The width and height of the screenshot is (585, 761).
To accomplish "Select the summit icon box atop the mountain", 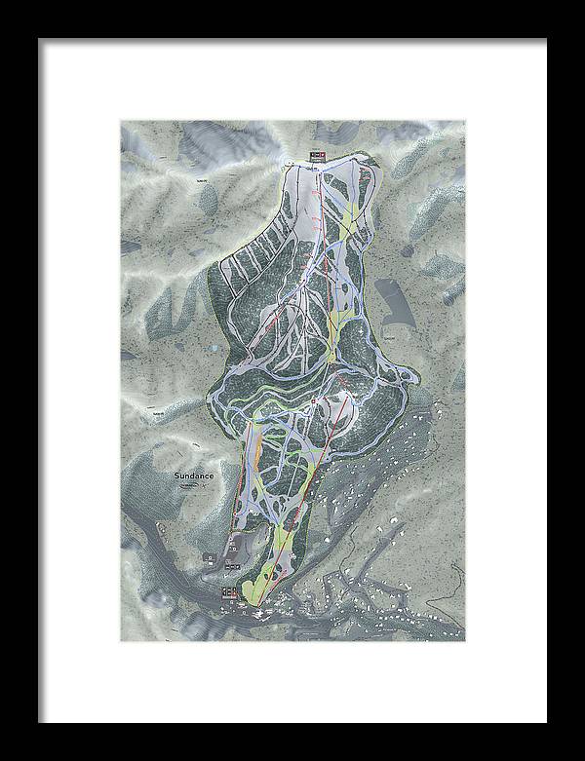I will pyautogui.click(x=315, y=156).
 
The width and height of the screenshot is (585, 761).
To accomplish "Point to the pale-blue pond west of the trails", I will pyautogui.click(x=211, y=346).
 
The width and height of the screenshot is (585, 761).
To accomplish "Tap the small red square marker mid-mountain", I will pyautogui.click(x=313, y=401).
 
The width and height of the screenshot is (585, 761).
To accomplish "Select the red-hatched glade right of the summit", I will pyautogui.click(x=365, y=185).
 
